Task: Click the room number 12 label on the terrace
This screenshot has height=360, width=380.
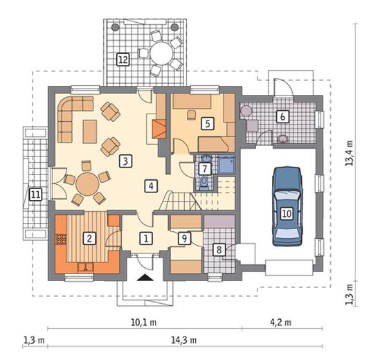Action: click(x=123, y=60)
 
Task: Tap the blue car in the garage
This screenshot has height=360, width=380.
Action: click(x=287, y=206)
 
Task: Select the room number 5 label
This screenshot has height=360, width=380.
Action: click(x=208, y=124)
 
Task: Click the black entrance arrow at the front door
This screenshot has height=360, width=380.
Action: click(x=145, y=278)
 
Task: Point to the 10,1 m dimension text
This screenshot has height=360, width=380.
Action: click(x=144, y=323)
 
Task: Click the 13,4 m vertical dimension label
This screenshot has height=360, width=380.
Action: click(x=350, y=153)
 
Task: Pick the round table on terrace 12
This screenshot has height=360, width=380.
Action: click(x=162, y=53)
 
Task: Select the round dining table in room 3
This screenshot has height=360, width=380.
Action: click(x=87, y=184)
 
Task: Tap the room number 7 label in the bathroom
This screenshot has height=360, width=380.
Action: click(x=205, y=168)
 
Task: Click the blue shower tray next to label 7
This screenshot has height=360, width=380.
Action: click(x=226, y=165)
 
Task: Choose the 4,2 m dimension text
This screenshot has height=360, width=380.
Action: click(x=280, y=323)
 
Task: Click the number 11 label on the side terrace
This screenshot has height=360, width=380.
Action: click(x=35, y=195)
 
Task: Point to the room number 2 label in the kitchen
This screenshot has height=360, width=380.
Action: click(x=89, y=238)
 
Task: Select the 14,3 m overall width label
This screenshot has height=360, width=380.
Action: click(x=183, y=341)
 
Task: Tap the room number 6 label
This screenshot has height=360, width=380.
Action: click(x=283, y=116)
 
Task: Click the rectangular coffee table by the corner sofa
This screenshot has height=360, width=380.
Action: click(x=90, y=132)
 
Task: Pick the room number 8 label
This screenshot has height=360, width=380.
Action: click(x=219, y=249)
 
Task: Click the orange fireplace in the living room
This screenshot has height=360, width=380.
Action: click(x=159, y=129)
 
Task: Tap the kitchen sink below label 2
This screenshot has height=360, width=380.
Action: click(x=86, y=267)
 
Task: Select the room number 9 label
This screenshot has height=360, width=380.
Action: click(x=184, y=238)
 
